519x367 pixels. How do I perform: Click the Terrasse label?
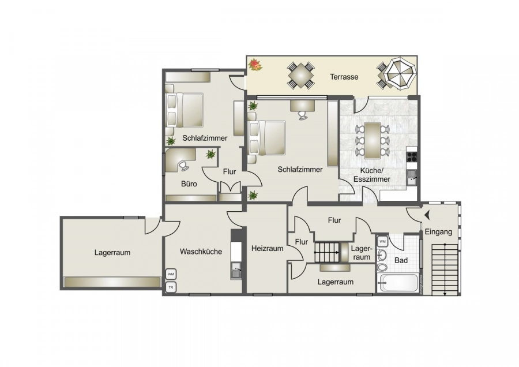tap(344, 77)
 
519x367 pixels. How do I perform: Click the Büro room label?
tap(189, 185)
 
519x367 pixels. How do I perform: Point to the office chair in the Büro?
tap(183, 166)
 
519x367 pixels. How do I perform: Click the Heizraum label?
tap(268, 249)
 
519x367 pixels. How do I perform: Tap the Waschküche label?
tap(201, 252)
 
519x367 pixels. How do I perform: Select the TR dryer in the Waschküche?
tap(171, 287)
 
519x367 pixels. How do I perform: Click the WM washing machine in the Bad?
tap(383, 241)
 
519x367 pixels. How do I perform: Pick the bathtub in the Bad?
tap(398, 283)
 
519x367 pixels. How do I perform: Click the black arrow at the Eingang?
tap(427, 215)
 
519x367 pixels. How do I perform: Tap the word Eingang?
tap(439, 232)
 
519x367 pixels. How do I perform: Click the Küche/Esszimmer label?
tap(375, 175)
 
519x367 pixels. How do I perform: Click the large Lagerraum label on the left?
tap(112, 252)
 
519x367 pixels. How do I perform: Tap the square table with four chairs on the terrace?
tap(301, 75)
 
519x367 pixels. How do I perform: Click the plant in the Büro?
tap(210, 154)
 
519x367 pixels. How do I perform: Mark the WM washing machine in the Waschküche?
tap(171, 274)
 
